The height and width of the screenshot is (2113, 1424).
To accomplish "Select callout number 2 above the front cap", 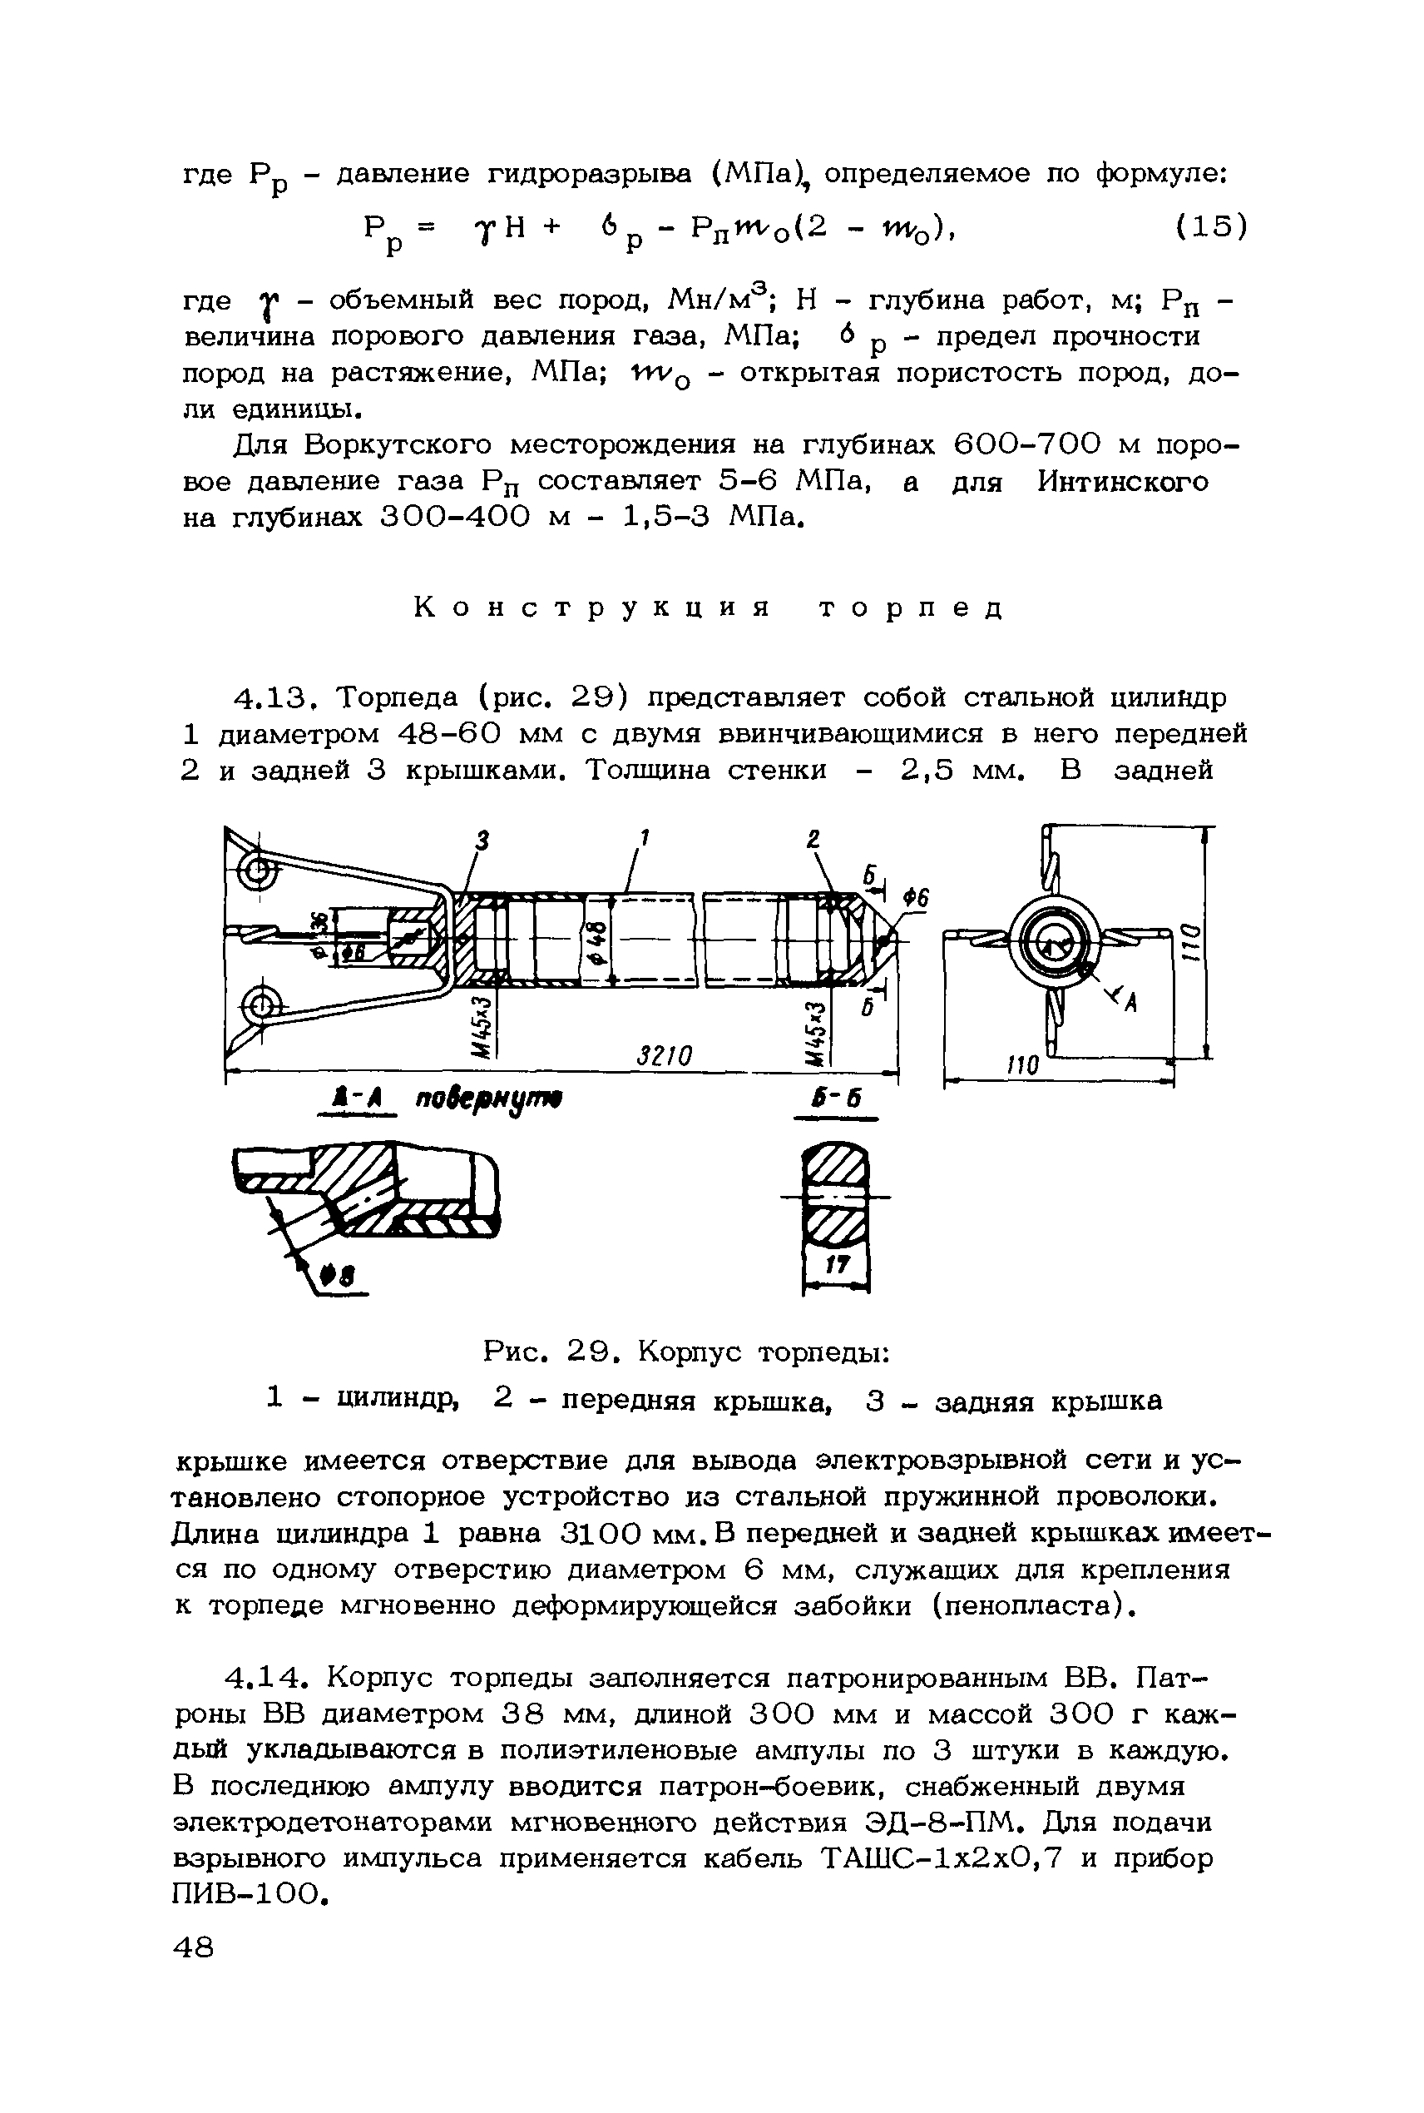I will tap(813, 840).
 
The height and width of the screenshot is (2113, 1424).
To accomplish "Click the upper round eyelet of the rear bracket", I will tap(257, 873).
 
